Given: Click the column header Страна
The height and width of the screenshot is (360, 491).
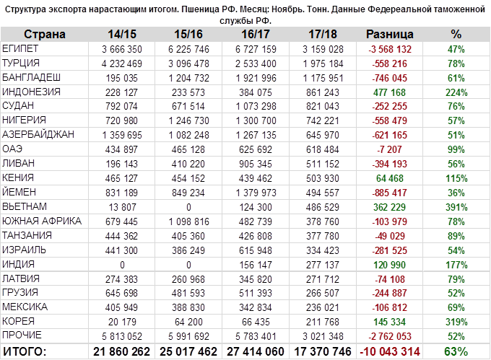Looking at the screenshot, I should [x=45, y=35].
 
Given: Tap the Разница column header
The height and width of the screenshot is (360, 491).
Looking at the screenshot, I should [x=390, y=35].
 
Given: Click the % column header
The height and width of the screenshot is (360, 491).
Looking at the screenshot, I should [x=456, y=35].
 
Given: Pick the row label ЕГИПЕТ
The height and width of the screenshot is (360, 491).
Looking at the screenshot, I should [x=22, y=49].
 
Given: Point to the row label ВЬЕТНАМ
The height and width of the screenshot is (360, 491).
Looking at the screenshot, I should [x=26, y=206].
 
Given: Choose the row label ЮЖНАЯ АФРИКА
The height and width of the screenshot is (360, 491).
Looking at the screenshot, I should [x=41, y=220].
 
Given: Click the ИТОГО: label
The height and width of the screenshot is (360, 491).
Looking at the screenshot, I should [x=25, y=351].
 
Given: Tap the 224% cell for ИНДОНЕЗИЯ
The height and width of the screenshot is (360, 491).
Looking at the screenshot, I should [x=456, y=92].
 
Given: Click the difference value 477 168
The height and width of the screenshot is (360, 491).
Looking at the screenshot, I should [x=391, y=92].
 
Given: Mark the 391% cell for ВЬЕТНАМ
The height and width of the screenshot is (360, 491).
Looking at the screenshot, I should [x=456, y=206].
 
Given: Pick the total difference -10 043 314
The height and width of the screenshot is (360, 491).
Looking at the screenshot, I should [x=390, y=351].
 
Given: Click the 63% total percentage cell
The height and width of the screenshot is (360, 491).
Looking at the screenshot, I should [x=456, y=351].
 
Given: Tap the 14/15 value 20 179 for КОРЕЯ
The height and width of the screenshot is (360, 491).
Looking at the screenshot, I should [x=133, y=320].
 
